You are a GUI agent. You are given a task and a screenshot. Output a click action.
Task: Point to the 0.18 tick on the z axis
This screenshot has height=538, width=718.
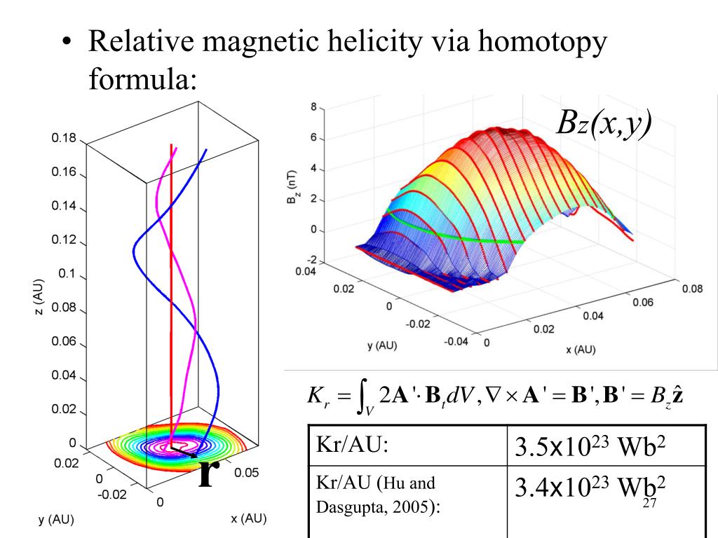[63, 138]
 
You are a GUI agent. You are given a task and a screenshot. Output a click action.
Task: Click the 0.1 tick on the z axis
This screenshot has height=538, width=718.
[66, 274]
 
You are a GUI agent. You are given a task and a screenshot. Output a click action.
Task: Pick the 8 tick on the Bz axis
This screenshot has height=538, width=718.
[313, 106]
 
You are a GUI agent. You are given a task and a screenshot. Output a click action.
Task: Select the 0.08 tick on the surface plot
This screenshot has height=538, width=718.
[692, 288]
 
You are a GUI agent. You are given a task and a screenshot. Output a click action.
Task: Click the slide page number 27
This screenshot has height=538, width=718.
[649, 504]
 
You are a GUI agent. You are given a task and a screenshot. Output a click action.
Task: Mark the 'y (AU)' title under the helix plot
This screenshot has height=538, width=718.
[55, 520]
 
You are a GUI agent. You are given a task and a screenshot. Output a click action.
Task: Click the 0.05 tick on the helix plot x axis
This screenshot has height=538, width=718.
[246, 472]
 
